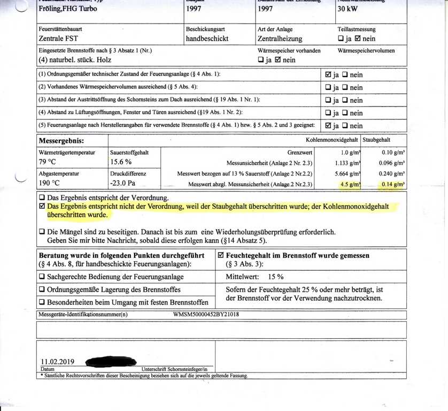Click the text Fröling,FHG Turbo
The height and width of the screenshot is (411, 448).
tap(67, 10)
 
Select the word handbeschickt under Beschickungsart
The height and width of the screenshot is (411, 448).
tap(207, 39)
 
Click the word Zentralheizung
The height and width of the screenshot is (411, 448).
tap(280, 39)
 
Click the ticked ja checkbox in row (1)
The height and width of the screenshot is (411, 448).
tap(328, 74)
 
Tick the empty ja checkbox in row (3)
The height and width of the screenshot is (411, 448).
tap(328, 100)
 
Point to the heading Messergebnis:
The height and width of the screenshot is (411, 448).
tap(61, 141)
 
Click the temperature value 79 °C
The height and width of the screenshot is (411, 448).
tap(48, 162)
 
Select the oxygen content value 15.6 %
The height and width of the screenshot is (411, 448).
tap(121, 162)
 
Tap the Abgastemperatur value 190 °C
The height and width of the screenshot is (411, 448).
tap(50, 184)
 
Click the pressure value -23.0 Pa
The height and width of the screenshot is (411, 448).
tap(125, 184)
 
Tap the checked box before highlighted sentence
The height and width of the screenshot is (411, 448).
tap(42, 206)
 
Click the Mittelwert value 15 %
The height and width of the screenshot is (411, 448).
tap(276, 277)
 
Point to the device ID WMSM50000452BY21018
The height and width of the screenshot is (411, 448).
tap(206, 314)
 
